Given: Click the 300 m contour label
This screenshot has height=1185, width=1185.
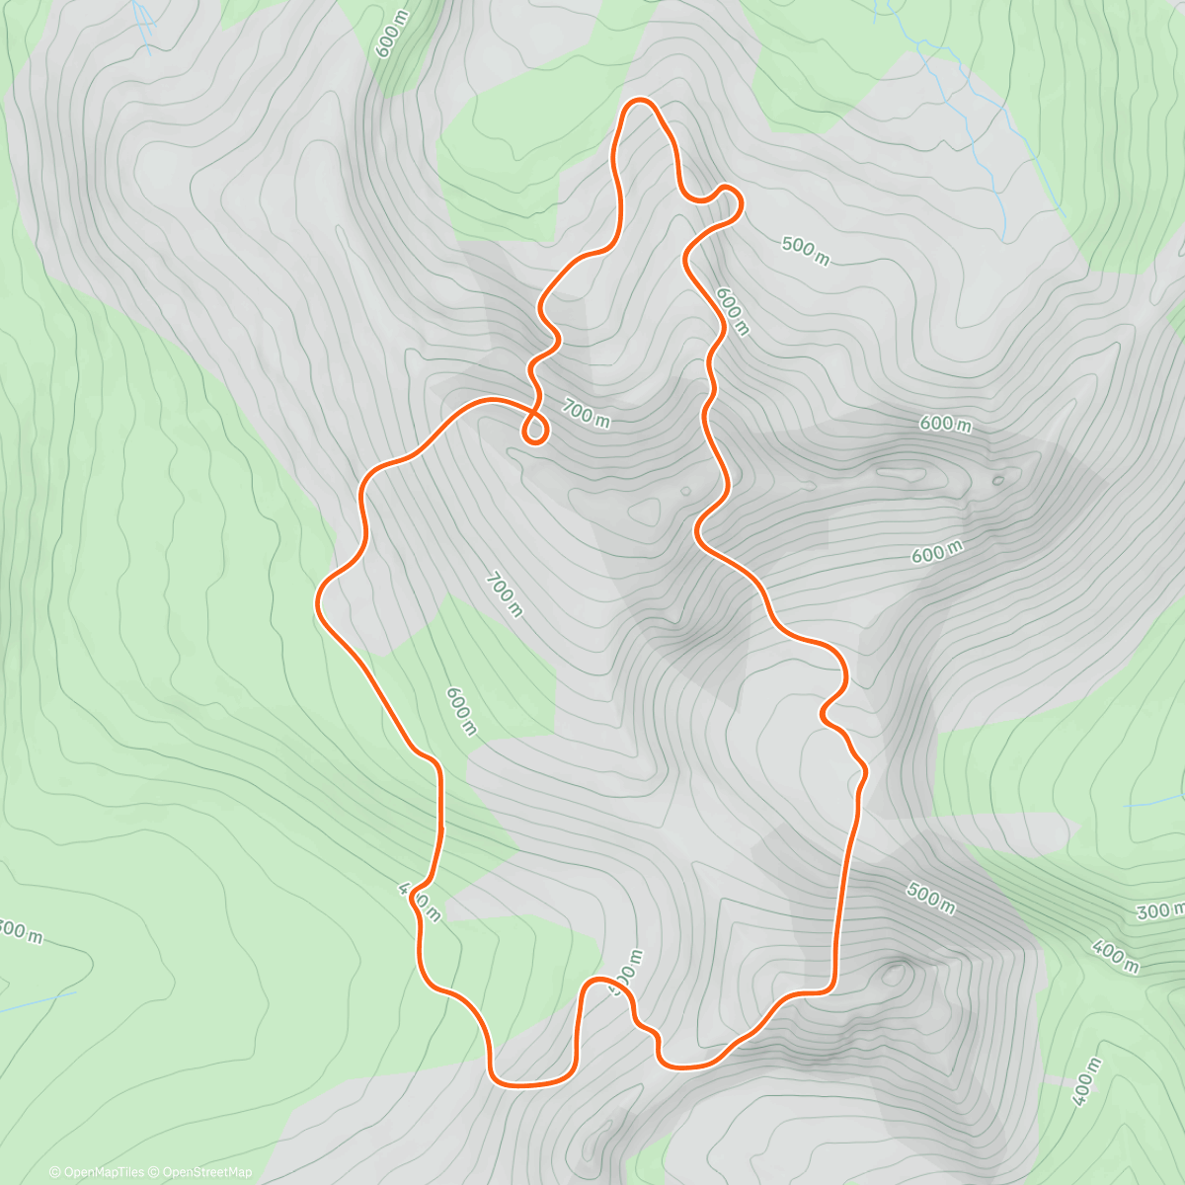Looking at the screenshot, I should (x=1160, y=909).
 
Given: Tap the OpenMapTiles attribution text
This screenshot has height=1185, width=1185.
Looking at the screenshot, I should (x=97, y=1172).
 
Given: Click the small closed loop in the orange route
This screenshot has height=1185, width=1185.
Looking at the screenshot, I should (x=534, y=430).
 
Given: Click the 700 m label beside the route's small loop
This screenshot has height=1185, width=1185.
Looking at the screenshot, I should (x=587, y=412).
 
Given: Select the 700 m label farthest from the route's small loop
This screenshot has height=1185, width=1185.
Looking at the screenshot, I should (x=504, y=593).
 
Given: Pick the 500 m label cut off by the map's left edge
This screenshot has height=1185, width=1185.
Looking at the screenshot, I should (x=20, y=930).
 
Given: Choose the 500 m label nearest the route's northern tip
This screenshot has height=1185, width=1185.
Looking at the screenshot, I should (x=805, y=251).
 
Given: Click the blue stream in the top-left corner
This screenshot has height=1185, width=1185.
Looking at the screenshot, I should (x=145, y=25).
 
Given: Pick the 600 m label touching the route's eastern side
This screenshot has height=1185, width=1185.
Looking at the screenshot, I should (x=732, y=311).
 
